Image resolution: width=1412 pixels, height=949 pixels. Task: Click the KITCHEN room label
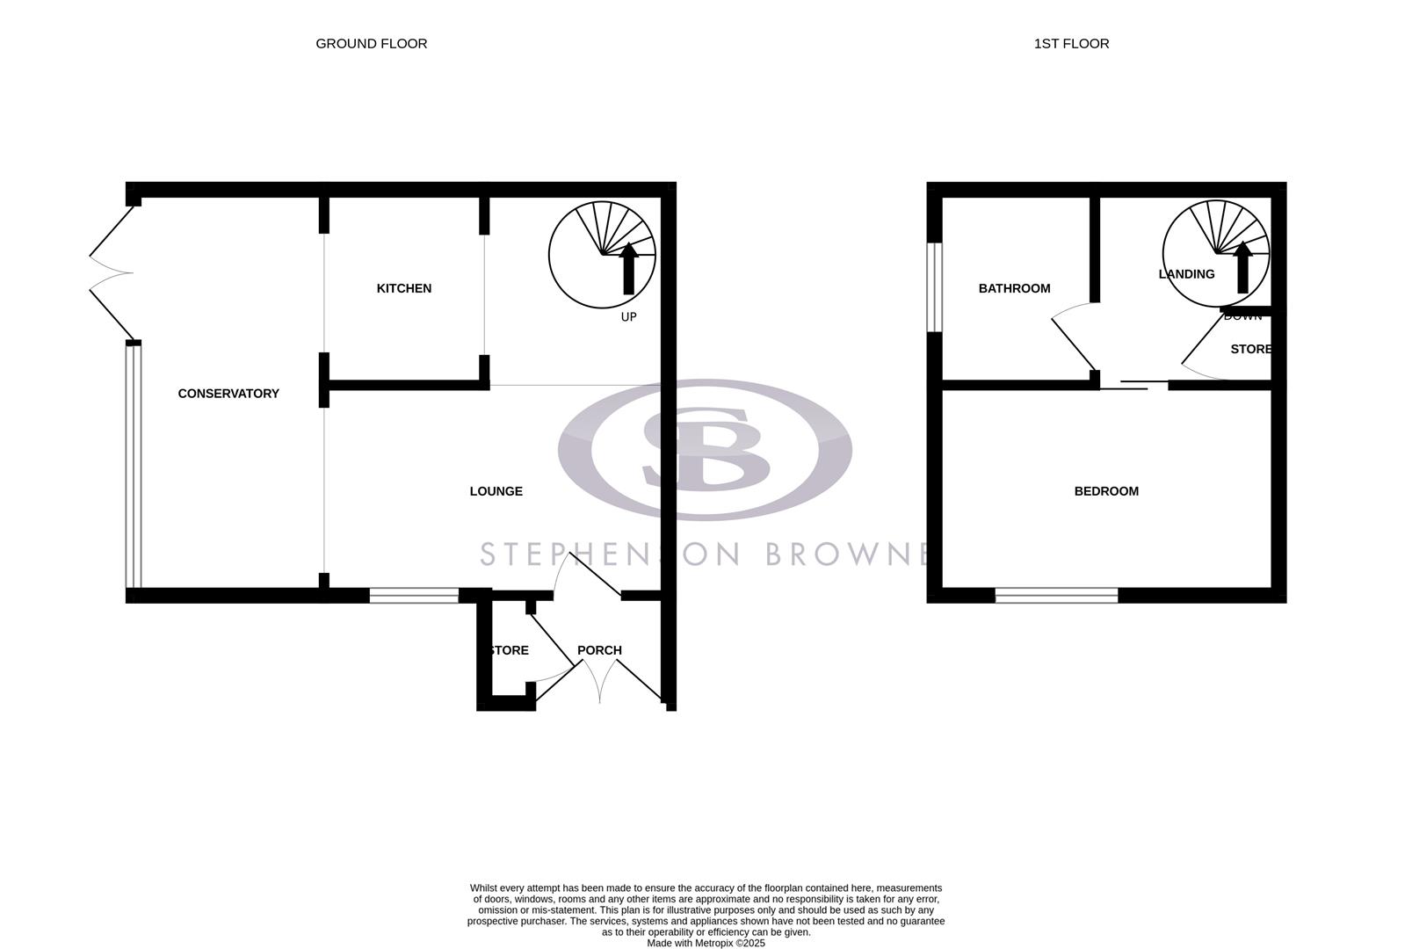click(x=403, y=288)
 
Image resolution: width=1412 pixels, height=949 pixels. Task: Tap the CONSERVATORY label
click(x=228, y=394)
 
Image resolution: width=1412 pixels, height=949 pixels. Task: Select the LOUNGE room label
click(x=496, y=491)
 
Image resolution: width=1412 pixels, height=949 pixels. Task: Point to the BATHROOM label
click(x=1014, y=288)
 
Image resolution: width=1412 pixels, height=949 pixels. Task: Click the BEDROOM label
click(x=1106, y=491)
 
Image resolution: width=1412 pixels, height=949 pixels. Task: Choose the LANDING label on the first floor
click(x=1186, y=274)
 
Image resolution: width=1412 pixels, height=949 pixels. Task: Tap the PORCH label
click(x=599, y=650)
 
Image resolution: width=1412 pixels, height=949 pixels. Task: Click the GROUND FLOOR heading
click(x=371, y=43)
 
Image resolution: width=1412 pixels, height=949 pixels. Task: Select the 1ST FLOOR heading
click(x=1071, y=43)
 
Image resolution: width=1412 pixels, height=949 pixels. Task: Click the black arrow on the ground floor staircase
click(x=628, y=268)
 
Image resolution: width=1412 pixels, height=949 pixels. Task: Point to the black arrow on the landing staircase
click(x=1242, y=268)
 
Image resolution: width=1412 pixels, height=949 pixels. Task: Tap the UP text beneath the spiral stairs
click(x=628, y=316)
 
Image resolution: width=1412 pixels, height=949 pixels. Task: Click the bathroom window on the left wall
click(x=935, y=287)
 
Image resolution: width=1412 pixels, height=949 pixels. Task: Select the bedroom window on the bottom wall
click(x=1056, y=595)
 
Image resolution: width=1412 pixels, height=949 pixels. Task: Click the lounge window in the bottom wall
click(x=414, y=595)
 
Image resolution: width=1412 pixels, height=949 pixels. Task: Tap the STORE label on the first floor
click(x=1250, y=349)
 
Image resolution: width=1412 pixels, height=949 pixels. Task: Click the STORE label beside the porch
click(x=509, y=650)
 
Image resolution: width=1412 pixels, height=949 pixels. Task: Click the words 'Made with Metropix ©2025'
click(x=706, y=943)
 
